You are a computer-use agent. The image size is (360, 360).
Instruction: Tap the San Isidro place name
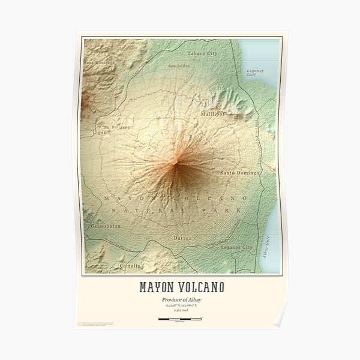pyautogui.click(x=178, y=66)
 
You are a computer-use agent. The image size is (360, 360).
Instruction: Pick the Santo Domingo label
pyautogui.click(x=240, y=173)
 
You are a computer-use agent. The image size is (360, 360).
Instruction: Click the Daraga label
pyautogui.click(x=183, y=238)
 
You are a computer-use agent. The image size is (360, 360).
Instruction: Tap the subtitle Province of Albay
pyautogui.click(x=179, y=300)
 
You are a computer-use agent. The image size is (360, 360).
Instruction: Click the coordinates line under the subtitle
pyautogui.click(x=179, y=307)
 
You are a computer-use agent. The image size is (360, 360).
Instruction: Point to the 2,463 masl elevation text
pyautogui.click(x=179, y=312)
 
